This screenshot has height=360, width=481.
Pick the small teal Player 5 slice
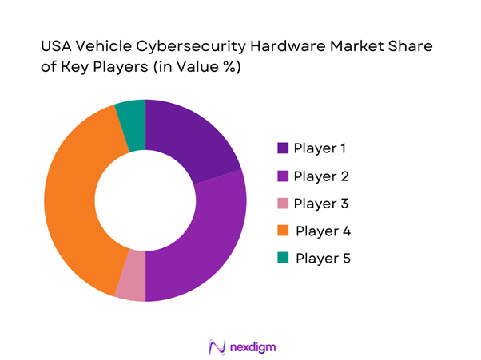click(x=132, y=116)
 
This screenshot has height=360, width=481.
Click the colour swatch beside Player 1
click(x=283, y=148)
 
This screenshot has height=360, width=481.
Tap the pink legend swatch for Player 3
click(x=283, y=204)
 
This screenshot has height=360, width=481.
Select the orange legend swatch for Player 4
click(x=283, y=231)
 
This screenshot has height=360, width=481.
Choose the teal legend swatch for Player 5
click(x=283, y=259)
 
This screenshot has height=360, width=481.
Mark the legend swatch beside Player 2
click(x=283, y=176)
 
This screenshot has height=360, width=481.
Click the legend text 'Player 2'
click(x=321, y=176)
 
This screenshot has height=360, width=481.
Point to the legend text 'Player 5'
click(x=323, y=259)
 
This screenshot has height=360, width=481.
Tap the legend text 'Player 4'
click(x=323, y=231)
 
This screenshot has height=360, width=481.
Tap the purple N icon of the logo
click(x=216, y=346)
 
